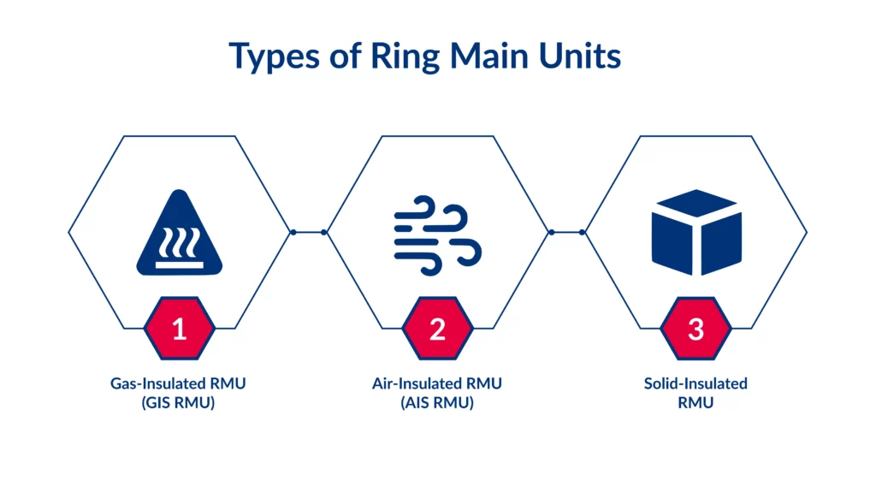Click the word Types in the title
275,57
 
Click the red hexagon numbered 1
180,330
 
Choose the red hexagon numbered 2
437,330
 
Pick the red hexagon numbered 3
695,330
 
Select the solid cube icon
695,233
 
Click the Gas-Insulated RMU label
178,383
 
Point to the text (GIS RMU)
178,403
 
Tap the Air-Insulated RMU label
437,383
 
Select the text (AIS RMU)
437,403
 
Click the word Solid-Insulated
695,383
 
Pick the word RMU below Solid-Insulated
695,403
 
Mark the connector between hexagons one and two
308,232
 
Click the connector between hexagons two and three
566,232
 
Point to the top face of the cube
695,204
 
